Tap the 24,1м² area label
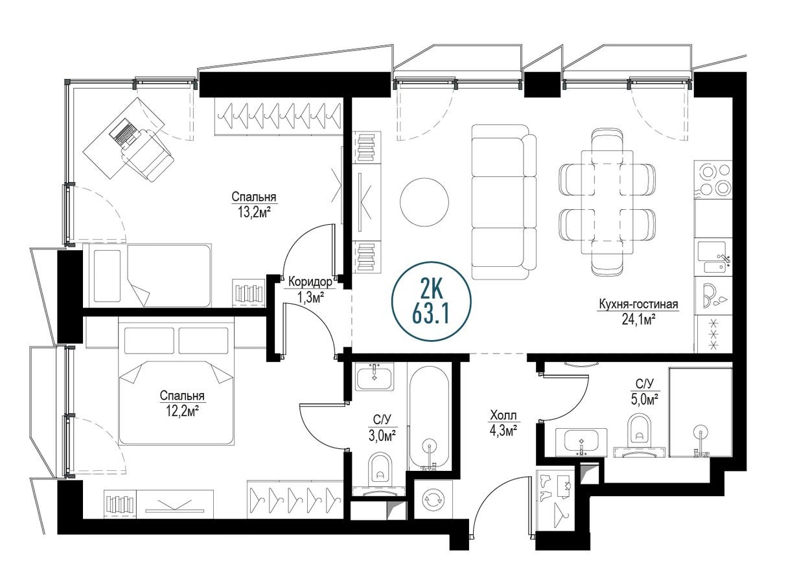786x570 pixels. [x=638, y=318]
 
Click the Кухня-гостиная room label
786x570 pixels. [x=638, y=304]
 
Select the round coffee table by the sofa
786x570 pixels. [x=424, y=202]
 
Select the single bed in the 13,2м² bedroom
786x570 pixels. [x=153, y=275]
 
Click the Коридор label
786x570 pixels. [x=310, y=282]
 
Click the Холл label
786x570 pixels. [x=503, y=415]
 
